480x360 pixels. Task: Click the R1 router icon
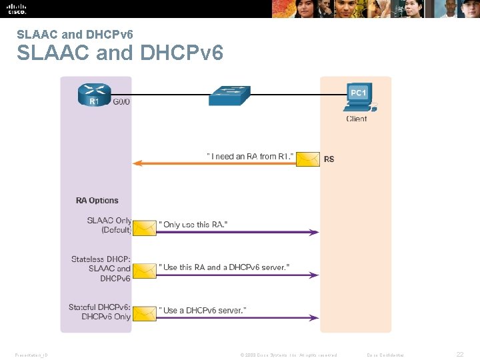[95, 95]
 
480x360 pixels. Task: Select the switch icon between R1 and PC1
[229, 95]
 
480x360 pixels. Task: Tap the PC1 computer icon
[359, 97]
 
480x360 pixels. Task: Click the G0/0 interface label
[121, 103]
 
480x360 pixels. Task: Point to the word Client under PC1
[357, 119]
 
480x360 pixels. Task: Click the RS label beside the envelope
[329, 159]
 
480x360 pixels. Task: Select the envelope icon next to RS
[307, 159]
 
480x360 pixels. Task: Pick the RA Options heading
[97, 200]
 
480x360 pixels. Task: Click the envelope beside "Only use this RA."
[144, 227]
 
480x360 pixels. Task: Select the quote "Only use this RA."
[193, 225]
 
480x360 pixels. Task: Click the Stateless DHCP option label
[101, 268]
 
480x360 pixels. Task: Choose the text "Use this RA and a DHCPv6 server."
[224, 267]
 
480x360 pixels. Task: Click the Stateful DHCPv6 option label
[100, 312]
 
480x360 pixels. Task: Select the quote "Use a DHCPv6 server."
[203, 310]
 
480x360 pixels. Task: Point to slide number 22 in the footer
[459, 355]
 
